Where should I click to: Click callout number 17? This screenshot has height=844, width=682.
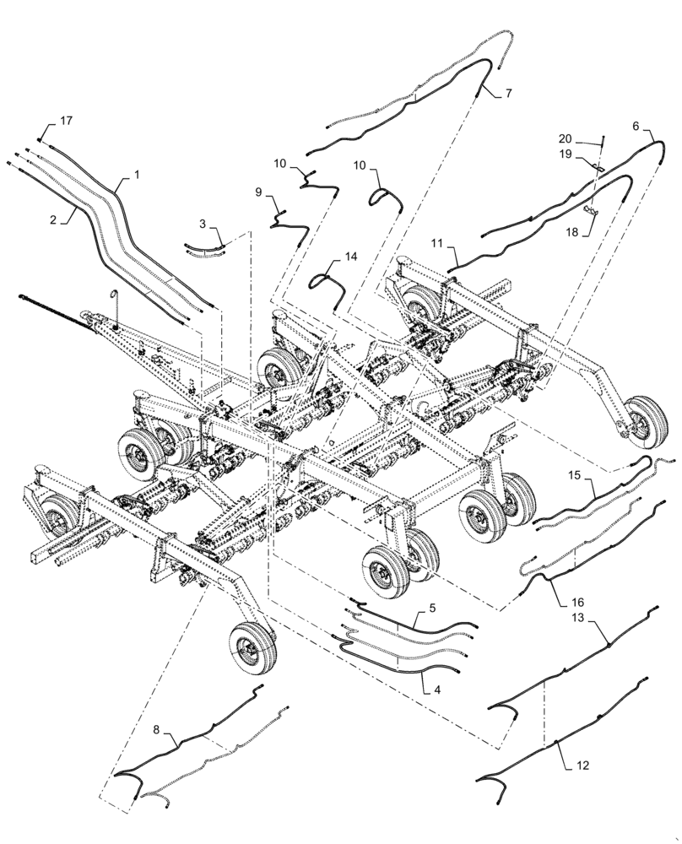[x=66, y=122]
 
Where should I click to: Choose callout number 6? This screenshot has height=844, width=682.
[x=635, y=125]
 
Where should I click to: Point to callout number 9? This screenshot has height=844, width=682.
[x=259, y=192]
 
